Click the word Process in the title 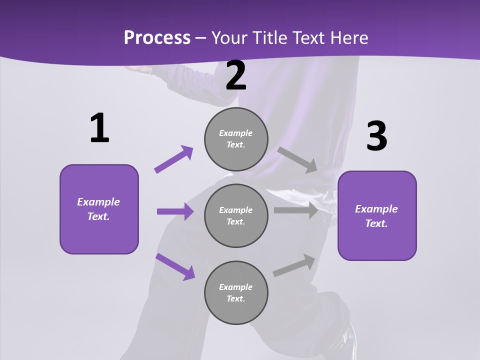157,37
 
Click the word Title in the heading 268,37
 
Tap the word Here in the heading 348,37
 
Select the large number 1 99,128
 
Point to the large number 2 236,76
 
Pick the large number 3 377,136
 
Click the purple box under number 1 99,209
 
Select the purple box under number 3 377,215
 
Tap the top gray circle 236,139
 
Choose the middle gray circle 236,215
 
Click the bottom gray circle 236,292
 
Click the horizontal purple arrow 175,211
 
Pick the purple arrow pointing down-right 175,266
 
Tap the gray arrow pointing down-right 297,159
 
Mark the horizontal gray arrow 296,210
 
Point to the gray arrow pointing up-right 294,265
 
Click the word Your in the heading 229,37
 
